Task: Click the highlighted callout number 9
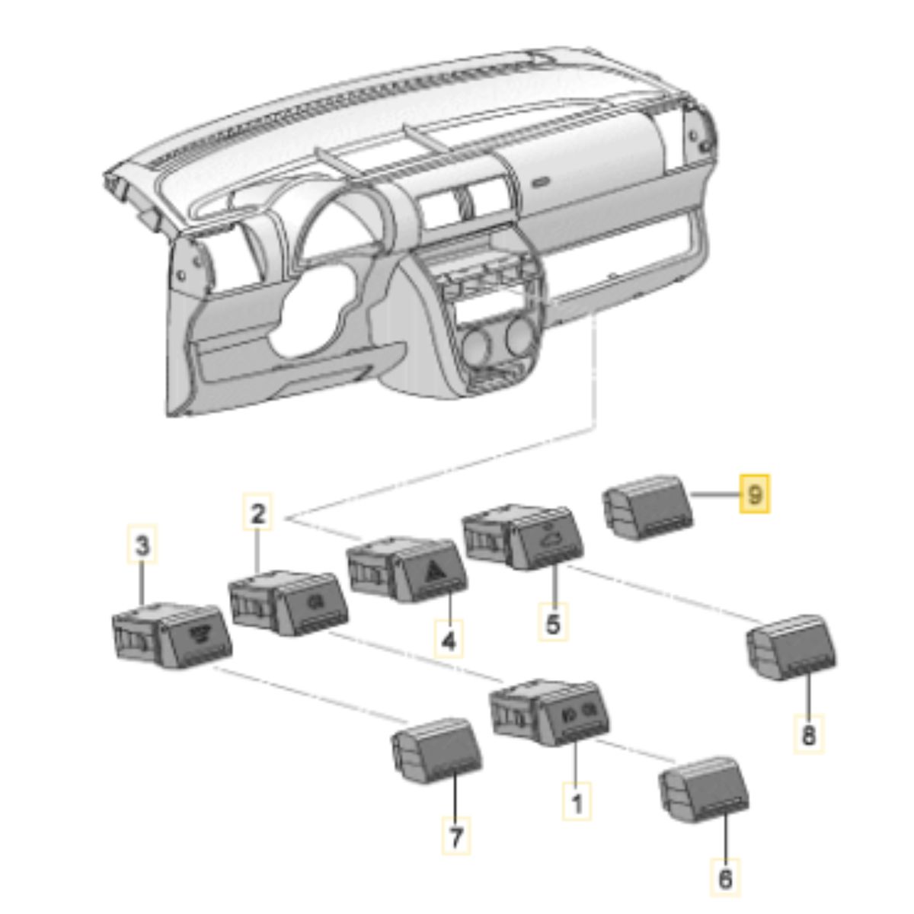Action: pos(755,494)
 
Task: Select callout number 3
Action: pos(142,545)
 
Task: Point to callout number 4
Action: pos(449,641)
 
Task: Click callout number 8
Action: pos(808,736)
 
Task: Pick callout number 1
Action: pos(577,802)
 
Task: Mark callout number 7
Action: pos(455,836)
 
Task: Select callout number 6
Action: pos(724,879)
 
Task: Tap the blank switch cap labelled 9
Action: pos(649,506)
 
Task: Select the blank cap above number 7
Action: pos(434,749)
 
